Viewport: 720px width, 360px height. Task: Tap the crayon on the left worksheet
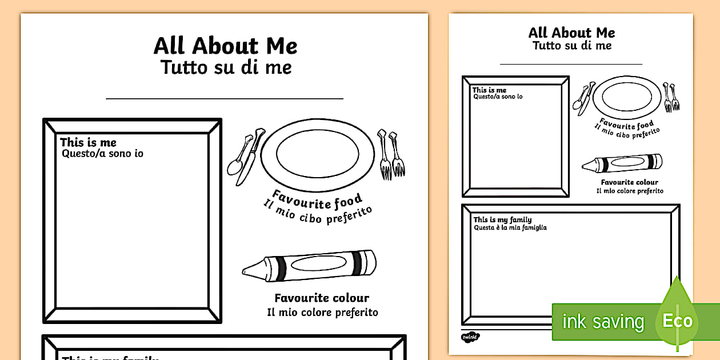tap(309, 266)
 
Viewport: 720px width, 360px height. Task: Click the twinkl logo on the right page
tap(470, 337)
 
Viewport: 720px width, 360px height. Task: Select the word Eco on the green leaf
tap(678, 321)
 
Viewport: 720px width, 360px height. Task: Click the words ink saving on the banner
tap(603, 322)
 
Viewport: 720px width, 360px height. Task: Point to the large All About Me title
tap(225, 46)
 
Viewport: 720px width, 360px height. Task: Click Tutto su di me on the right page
tap(572, 46)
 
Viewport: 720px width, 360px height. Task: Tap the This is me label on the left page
tap(88, 142)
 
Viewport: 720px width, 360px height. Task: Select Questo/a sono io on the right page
tap(498, 97)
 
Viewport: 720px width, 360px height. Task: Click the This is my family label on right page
tap(502, 219)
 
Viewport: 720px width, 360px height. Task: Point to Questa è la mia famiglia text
tap(510, 227)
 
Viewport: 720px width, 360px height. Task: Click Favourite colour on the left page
tap(322, 298)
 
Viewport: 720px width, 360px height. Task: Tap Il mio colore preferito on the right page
tap(630, 191)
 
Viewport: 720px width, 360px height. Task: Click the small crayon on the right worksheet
tap(622, 163)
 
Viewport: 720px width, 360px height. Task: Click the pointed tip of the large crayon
tap(243, 271)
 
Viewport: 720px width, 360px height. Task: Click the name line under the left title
tap(225, 98)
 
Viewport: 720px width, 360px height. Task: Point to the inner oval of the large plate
tap(318, 154)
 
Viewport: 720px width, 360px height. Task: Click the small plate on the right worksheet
tap(627, 97)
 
